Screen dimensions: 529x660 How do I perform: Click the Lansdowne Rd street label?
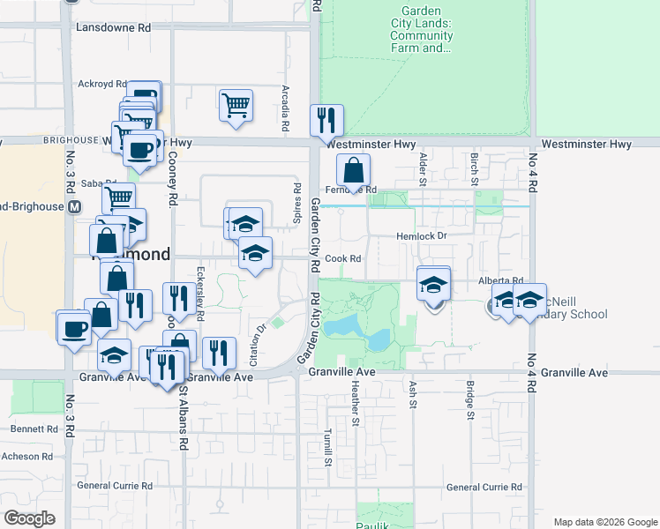tap(114, 28)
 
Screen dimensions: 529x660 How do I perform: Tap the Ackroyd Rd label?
tap(102, 85)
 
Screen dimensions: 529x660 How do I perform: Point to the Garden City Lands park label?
tap(423, 36)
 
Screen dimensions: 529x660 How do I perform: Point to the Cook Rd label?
tap(343, 259)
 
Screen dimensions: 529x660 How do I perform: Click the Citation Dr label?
tap(258, 345)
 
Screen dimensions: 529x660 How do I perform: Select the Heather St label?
tap(356, 402)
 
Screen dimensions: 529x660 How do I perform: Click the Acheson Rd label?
tap(27, 457)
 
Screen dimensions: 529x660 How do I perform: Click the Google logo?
tap(30, 518)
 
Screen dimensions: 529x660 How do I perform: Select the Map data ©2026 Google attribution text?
tap(604, 522)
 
